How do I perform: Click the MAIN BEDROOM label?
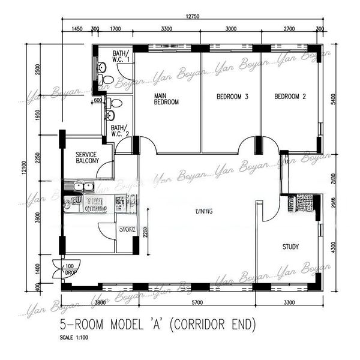(x=167, y=99)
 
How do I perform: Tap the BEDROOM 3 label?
(x=233, y=97)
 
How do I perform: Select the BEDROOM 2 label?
(x=290, y=97)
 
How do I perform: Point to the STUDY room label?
(x=291, y=247)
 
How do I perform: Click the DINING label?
(x=204, y=211)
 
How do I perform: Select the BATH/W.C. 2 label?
(x=118, y=130)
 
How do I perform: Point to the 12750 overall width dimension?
(x=193, y=16)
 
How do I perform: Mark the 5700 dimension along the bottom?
(x=192, y=303)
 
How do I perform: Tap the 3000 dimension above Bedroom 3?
(x=230, y=28)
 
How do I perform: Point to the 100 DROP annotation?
(x=70, y=269)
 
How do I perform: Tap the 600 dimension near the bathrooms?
(x=98, y=100)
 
